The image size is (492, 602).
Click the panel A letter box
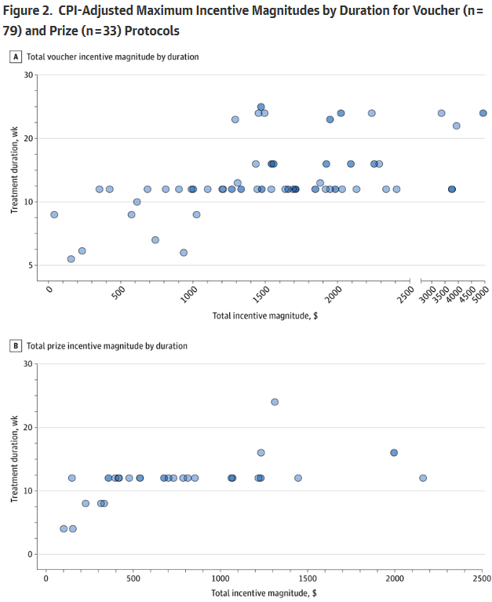15,57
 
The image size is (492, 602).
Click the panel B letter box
15,345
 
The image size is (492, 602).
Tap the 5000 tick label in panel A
479,296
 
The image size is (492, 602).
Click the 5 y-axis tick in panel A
32,265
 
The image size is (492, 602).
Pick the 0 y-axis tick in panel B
32,554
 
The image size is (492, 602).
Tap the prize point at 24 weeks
275,402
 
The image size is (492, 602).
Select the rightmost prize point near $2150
423,478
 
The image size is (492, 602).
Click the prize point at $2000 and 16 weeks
394,453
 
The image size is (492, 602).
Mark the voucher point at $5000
483,113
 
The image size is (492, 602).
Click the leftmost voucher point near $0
54,214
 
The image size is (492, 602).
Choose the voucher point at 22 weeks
456,126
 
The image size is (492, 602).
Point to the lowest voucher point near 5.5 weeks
71,259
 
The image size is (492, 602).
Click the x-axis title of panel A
264,316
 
